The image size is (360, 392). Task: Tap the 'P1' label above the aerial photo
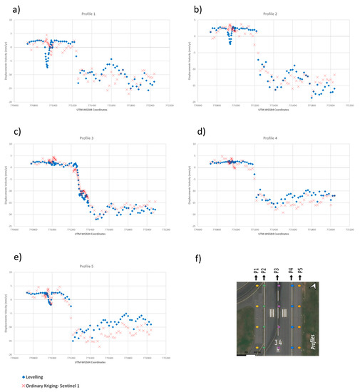pyautogui.click(x=255, y=272)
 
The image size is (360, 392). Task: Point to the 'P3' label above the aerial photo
pyautogui.click(x=277, y=272)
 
